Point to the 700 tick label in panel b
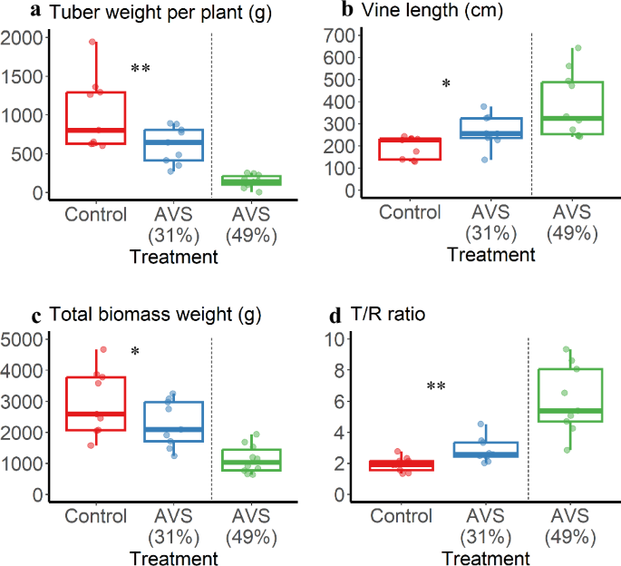click(x=343, y=35)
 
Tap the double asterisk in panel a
click(x=140, y=71)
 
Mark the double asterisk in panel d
click(x=435, y=388)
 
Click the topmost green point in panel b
click(x=578, y=48)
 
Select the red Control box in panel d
click(x=405, y=465)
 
